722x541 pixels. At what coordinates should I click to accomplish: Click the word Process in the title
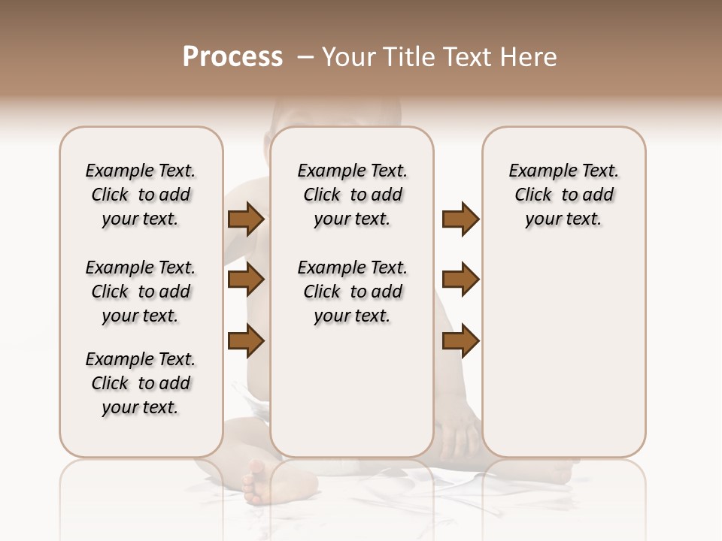[232, 57]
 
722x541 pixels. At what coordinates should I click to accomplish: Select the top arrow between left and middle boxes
[245, 219]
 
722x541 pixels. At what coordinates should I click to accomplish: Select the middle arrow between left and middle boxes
[245, 280]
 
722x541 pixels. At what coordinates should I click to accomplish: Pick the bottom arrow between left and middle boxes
[245, 340]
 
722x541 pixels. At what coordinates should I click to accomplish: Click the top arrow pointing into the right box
[460, 219]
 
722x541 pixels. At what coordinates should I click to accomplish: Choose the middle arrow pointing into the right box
[460, 280]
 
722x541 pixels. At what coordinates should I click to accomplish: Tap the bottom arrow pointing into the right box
[460, 340]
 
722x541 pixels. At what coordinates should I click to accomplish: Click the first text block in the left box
[141, 195]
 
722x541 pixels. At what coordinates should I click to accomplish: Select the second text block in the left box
[141, 292]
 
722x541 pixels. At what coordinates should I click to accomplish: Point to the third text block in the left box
[141, 383]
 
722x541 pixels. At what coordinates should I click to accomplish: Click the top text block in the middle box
[353, 195]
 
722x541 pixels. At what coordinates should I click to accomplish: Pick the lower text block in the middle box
[353, 292]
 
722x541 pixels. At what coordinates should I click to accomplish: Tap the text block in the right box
[564, 195]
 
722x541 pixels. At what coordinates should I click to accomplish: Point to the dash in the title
[305, 57]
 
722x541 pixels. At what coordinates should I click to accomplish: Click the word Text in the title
[469, 57]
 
